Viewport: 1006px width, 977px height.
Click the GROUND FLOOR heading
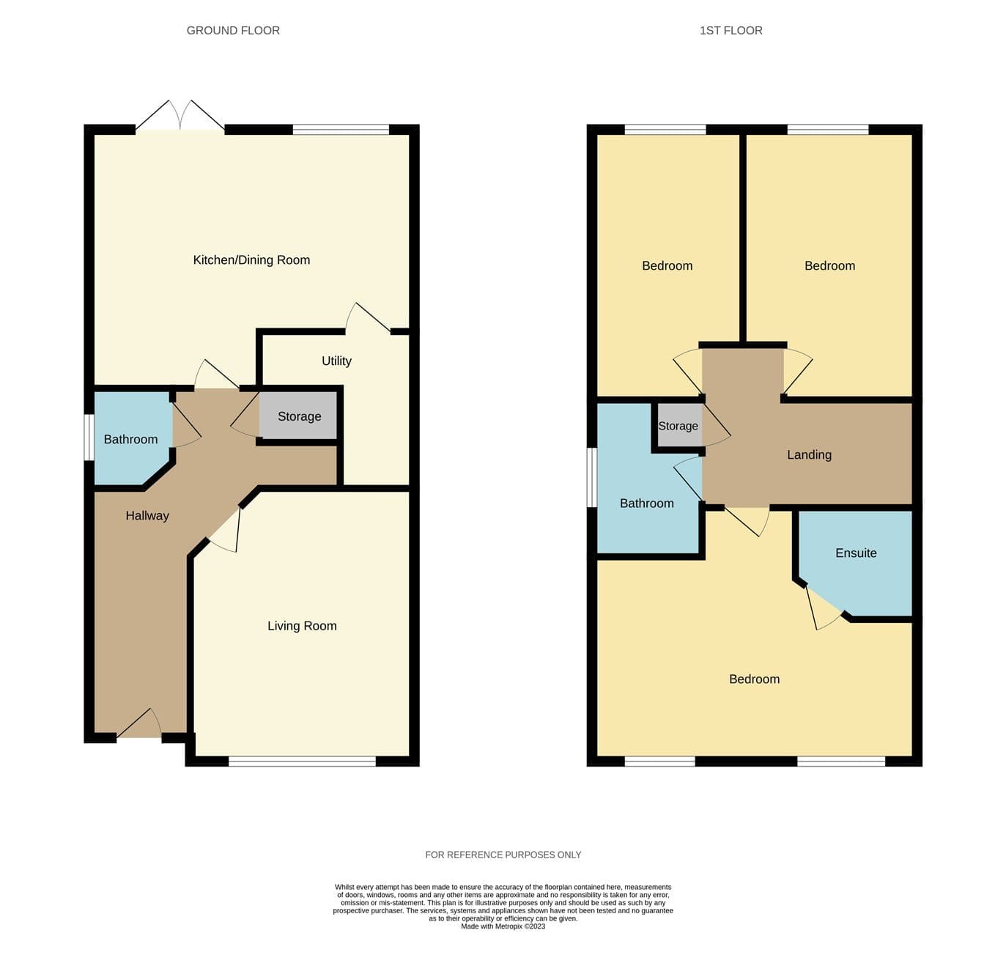(233, 31)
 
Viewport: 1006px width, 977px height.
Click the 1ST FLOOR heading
(731, 31)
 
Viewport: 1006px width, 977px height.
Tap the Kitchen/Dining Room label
(251, 260)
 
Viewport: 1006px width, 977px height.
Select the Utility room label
(336, 361)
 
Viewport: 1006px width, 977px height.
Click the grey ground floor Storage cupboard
(298, 416)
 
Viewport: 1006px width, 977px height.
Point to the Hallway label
(147, 516)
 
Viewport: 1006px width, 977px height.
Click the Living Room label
(302, 626)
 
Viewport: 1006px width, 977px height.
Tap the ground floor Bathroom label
(131, 440)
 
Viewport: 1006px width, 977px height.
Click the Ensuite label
(856, 553)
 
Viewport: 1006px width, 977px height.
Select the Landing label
(810, 454)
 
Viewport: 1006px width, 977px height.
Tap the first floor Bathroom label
(647, 504)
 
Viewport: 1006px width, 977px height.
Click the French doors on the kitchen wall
(180, 116)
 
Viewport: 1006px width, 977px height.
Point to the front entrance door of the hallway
(139, 723)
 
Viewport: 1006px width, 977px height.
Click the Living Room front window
(302, 761)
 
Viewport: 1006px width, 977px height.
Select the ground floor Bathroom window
(89, 437)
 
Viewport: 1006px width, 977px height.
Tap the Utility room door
(368, 317)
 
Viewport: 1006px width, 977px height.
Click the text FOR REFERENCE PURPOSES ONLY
(503, 855)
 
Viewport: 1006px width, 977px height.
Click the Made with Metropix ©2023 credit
(503, 926)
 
